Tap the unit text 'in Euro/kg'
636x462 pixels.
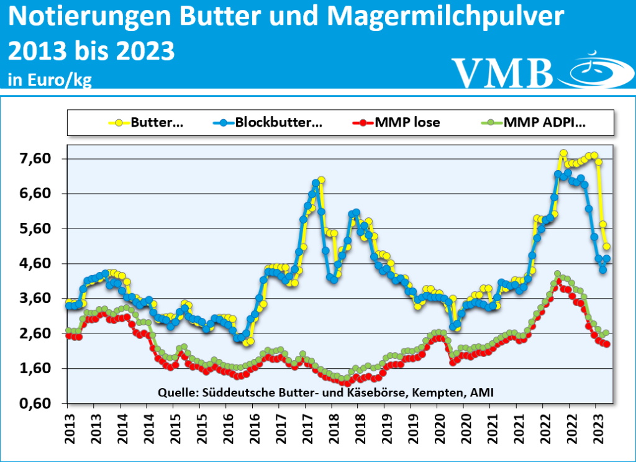50,80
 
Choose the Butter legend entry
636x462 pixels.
156,122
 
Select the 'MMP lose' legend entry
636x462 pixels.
407,122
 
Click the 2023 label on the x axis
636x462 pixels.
596,428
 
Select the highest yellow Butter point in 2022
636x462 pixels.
563,153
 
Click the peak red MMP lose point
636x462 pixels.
558,281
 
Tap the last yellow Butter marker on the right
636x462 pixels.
607,247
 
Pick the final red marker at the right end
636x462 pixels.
607,344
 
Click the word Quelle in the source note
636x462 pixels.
178,392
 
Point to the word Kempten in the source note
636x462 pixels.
442,392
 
